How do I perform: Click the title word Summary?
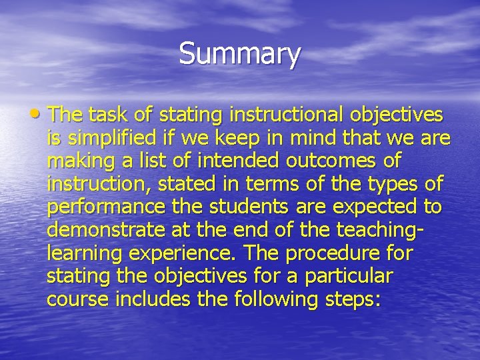click(x=240, y=54)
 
